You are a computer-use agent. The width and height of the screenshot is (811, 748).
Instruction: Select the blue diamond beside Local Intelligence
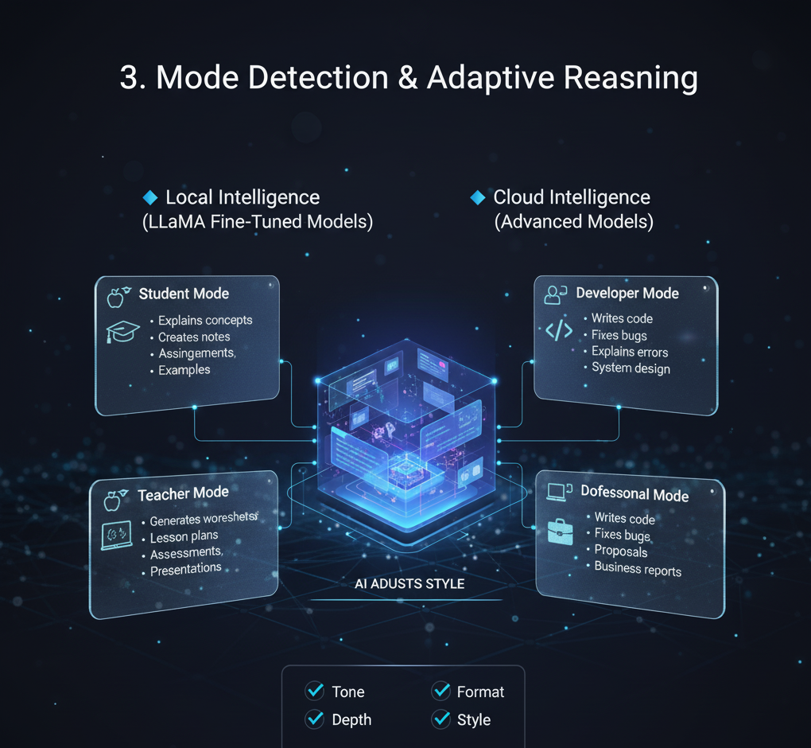(x=149, y=197)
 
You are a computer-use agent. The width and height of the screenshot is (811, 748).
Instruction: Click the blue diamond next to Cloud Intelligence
(x=478, y=197)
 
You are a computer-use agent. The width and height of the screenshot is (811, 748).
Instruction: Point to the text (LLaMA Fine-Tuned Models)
(x=257, y=222)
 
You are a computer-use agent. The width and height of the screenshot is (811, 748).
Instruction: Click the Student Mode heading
(x=184, y=294)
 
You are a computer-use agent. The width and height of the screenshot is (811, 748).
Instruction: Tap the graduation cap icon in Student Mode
(x=122, y=331)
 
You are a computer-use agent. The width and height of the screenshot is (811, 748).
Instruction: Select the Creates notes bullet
(x=194, y=337)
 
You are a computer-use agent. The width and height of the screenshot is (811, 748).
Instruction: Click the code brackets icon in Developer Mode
(x=559, y=329)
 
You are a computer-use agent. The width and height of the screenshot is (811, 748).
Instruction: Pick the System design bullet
(x=631, y=368)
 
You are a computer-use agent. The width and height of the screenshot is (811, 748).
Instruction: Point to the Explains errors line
(x=630, y=352)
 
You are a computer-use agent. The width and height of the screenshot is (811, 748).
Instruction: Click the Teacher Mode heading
(x=183, y=494)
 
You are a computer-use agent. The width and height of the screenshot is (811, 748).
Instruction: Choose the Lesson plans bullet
(x=184, y=537)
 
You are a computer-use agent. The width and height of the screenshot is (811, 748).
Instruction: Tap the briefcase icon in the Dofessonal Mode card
(x=561, y=531)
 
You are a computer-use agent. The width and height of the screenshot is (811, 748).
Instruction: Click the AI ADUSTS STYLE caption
(x=409, y=584)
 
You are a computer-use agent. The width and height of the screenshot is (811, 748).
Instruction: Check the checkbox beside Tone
(x=314, y=691)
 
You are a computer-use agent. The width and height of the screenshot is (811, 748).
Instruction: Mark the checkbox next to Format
(x=441, y=691)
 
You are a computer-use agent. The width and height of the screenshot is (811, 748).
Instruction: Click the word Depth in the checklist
(x=351, y=719)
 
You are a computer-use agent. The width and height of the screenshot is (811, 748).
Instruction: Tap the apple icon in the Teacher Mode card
(x=113, y=501)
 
